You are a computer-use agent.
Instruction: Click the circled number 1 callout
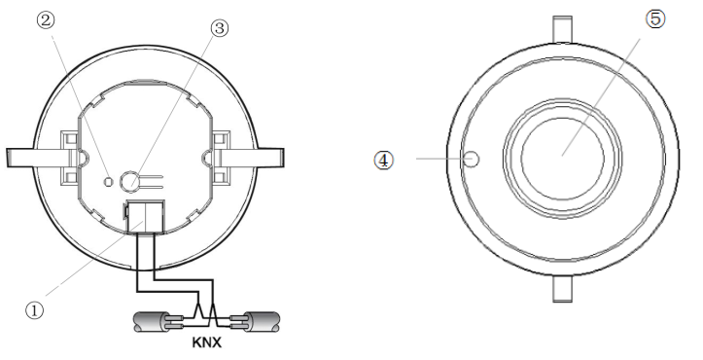pyautogui.click(x=35, y=310)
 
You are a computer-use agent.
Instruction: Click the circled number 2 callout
pyautogui.click(x=46, y=20)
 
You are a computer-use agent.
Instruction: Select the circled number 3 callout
pyautogui.click(x=219, y=28)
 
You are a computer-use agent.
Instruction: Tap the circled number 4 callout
pyautogui.click(x=384, y=160)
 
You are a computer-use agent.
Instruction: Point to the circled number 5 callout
pyautogui.click(x=655, y=19)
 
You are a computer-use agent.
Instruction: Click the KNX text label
pyautogui.click(x=207, y=342)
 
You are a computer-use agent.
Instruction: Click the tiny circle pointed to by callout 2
pyautogui.click(x=108, y=181)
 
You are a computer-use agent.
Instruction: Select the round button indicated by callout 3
pyautogui.click(x=129, y=180)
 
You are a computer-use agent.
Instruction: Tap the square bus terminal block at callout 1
pyautogui.click(x=144, y=217)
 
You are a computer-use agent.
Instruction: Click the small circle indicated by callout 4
pyautogui.click(x=472, y=159)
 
